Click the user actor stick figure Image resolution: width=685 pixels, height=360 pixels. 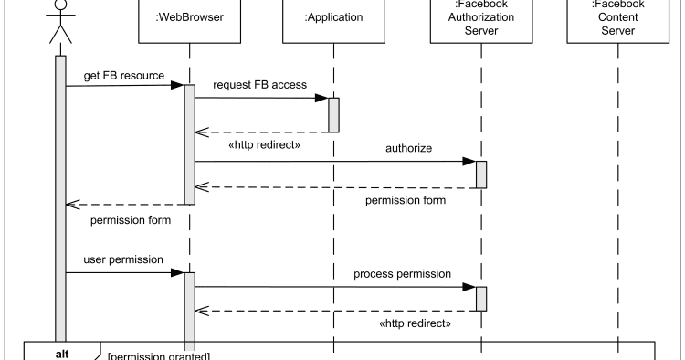click(x=60, y=20)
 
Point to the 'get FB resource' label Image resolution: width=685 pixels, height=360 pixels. click(x=123, y=76)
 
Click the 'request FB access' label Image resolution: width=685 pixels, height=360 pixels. click(x=259, y=86)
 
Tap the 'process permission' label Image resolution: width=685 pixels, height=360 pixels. click(x=403, y=273)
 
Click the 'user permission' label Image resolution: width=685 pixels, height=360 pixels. click(x=123, y=259)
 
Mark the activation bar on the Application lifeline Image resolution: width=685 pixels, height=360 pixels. click(x=333, y=114)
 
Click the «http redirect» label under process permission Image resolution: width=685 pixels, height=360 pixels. click(x=416, y=323)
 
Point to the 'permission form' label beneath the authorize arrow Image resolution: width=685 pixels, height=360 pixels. click(x=406, y=200)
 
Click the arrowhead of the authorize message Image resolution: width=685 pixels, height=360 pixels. click(x=469, y=163)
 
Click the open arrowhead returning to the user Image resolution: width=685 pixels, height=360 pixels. click(x=73, y=204)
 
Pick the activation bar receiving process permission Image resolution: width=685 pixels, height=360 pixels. click(x=481, y=299)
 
